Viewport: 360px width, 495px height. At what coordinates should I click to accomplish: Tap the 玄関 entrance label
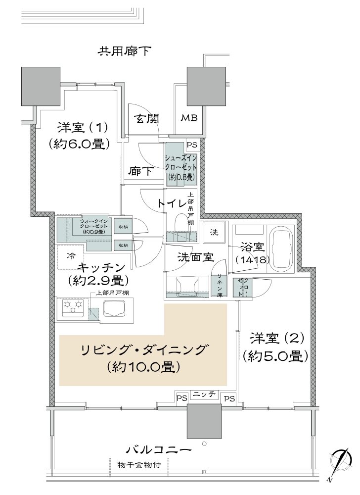(x=146, y=118)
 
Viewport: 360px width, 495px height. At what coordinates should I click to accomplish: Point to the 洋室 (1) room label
(x=79, y=127)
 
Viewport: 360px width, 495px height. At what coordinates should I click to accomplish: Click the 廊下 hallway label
(x=140, y=172)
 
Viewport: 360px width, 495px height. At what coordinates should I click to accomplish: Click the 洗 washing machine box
(x=214, y=232)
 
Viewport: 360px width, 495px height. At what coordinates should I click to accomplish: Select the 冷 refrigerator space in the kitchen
(x=71, y=256)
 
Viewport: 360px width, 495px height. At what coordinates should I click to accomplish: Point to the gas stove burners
(x=72, y=308)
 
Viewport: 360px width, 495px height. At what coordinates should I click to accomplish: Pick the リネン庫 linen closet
(x=218, y=286)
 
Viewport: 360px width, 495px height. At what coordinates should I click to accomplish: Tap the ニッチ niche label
(x=204, y=394)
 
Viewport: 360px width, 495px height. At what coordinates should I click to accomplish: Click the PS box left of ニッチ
(x=182, y=397)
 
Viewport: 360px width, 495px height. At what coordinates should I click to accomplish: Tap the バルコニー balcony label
(x=158, y=450)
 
